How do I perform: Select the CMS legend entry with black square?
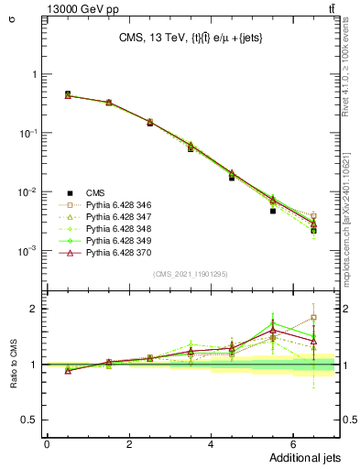[95, 192]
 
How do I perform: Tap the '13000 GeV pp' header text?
[49, 7]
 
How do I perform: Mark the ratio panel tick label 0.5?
[29, 420]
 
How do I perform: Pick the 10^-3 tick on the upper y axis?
[27, 250]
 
